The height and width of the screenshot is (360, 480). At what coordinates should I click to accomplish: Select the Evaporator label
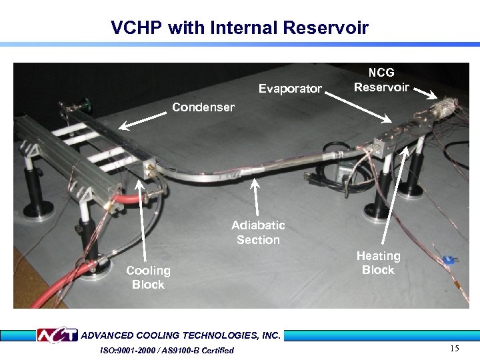pos(290,89)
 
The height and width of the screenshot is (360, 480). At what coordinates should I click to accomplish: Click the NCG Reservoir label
pos(381,80)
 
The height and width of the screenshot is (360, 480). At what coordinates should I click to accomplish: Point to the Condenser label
pos(203,107)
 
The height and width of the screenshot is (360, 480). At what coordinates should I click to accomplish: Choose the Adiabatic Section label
pos(258,233)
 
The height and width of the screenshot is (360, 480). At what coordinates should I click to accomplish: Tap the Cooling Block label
pos(148,277)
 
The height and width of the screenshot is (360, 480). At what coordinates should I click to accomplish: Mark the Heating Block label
pos(378,263)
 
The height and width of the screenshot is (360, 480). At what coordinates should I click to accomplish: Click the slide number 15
pos(455,349)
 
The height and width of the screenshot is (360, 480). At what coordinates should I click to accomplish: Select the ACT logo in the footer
pos(56,335)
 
